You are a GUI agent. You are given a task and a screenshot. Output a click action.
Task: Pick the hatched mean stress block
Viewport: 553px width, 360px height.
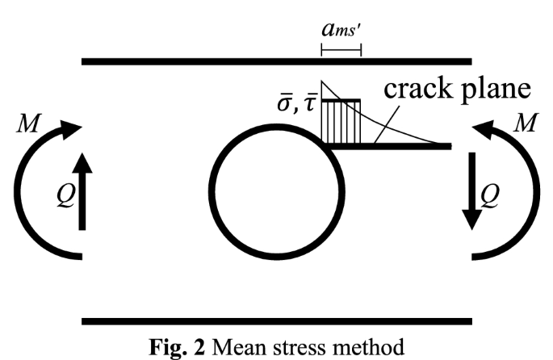341,123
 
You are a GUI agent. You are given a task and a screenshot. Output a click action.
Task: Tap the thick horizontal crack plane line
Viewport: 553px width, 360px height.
404,147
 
